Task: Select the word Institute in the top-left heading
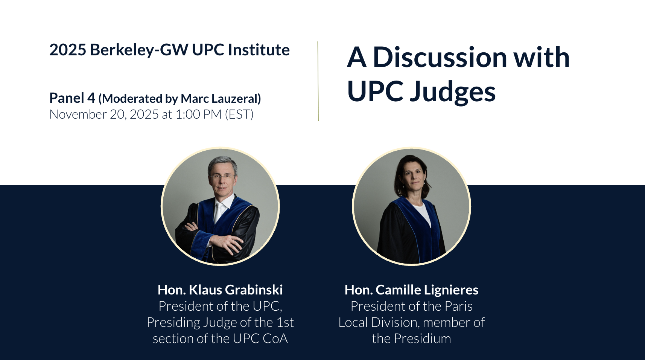point(259,50)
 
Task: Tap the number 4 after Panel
point(91,98)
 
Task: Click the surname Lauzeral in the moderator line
point(236,99)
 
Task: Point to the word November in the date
point(78,114)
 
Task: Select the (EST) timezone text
point(239,114)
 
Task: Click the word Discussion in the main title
point(440,57)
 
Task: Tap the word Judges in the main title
point(452,92)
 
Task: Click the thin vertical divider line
point(318,81)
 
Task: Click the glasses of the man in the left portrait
point(221,176)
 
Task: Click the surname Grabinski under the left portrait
point(254,290)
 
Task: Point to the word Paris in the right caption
point(458,306)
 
